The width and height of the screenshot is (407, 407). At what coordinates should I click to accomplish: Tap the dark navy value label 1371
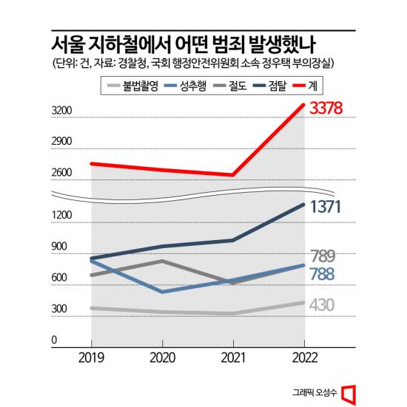pyautogui.click(x=326, y=207)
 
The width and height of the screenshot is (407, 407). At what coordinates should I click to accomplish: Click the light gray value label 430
pyautogui.click(x=323, y=304)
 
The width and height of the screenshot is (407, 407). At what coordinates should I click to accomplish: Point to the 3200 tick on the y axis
pyautogui.click(x=61, y=112)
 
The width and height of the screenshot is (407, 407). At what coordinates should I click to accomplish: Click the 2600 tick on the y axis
pyautogui.click(x=61, y=174)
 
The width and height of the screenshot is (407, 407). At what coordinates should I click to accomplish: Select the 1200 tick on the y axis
pyautogui.click(x=61, y=216)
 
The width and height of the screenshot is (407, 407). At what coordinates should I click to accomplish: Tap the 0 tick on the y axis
pyautogui.click(x=54, y=341)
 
